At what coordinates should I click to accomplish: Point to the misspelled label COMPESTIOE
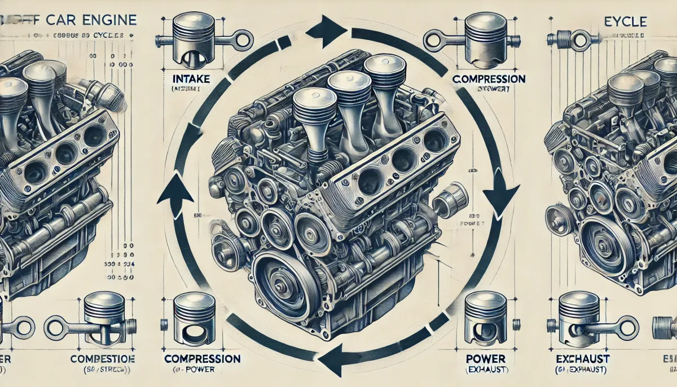101,359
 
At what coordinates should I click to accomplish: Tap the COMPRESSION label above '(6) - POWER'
202,359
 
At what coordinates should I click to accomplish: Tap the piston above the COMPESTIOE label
104,316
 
